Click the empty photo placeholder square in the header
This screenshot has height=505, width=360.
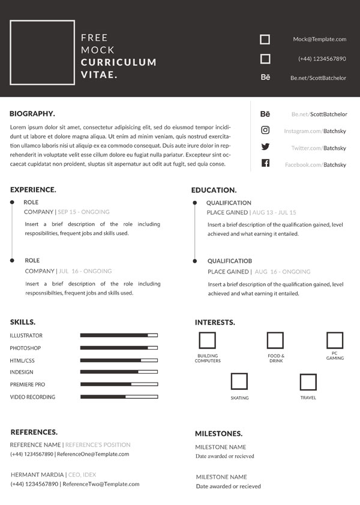coord(43,52)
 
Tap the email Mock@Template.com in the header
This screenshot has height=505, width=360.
coord(319,39)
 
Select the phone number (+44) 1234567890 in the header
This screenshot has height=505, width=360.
coord(322,59)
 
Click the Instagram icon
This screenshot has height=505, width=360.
coord(265,130)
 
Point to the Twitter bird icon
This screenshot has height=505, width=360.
coord(265,147)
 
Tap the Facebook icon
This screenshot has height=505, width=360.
coord(265,163)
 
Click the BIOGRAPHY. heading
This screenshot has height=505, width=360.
coord(32,113)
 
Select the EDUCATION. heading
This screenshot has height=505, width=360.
coord(214,190)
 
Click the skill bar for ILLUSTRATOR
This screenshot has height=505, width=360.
coord(119,335)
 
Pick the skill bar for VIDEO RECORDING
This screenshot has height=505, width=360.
coord(119,396)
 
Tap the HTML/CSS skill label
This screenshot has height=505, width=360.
coord(22,360)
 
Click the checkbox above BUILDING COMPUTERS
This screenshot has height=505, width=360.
coord(207,341)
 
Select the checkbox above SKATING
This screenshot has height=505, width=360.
coord(239,382)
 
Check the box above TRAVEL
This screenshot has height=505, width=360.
coord(308,382)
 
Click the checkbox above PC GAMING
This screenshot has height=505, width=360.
coord(335,341)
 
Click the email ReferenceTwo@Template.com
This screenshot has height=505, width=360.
coord(101,484)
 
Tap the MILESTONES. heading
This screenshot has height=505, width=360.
coord(218,433)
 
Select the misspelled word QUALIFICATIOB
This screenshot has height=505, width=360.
coord(230,261)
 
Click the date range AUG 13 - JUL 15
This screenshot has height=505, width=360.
coord(274,212)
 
